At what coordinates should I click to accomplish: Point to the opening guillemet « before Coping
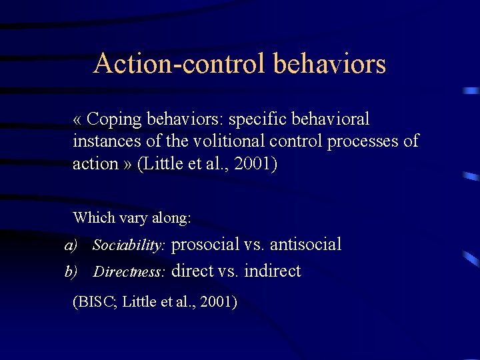click(78, 120)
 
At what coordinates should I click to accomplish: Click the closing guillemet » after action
click(127, 163)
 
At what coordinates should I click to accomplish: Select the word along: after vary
click(173, 217)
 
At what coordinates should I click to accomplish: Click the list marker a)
click(71, 245)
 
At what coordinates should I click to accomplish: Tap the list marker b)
click(71, 271)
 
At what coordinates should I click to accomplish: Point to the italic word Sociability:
click(129, 246)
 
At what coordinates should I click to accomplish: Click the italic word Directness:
click(129, 272)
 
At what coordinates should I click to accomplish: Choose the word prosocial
click(205, 245)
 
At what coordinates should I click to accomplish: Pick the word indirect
click(273, 271)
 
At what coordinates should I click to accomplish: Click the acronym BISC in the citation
click(97, 302)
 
